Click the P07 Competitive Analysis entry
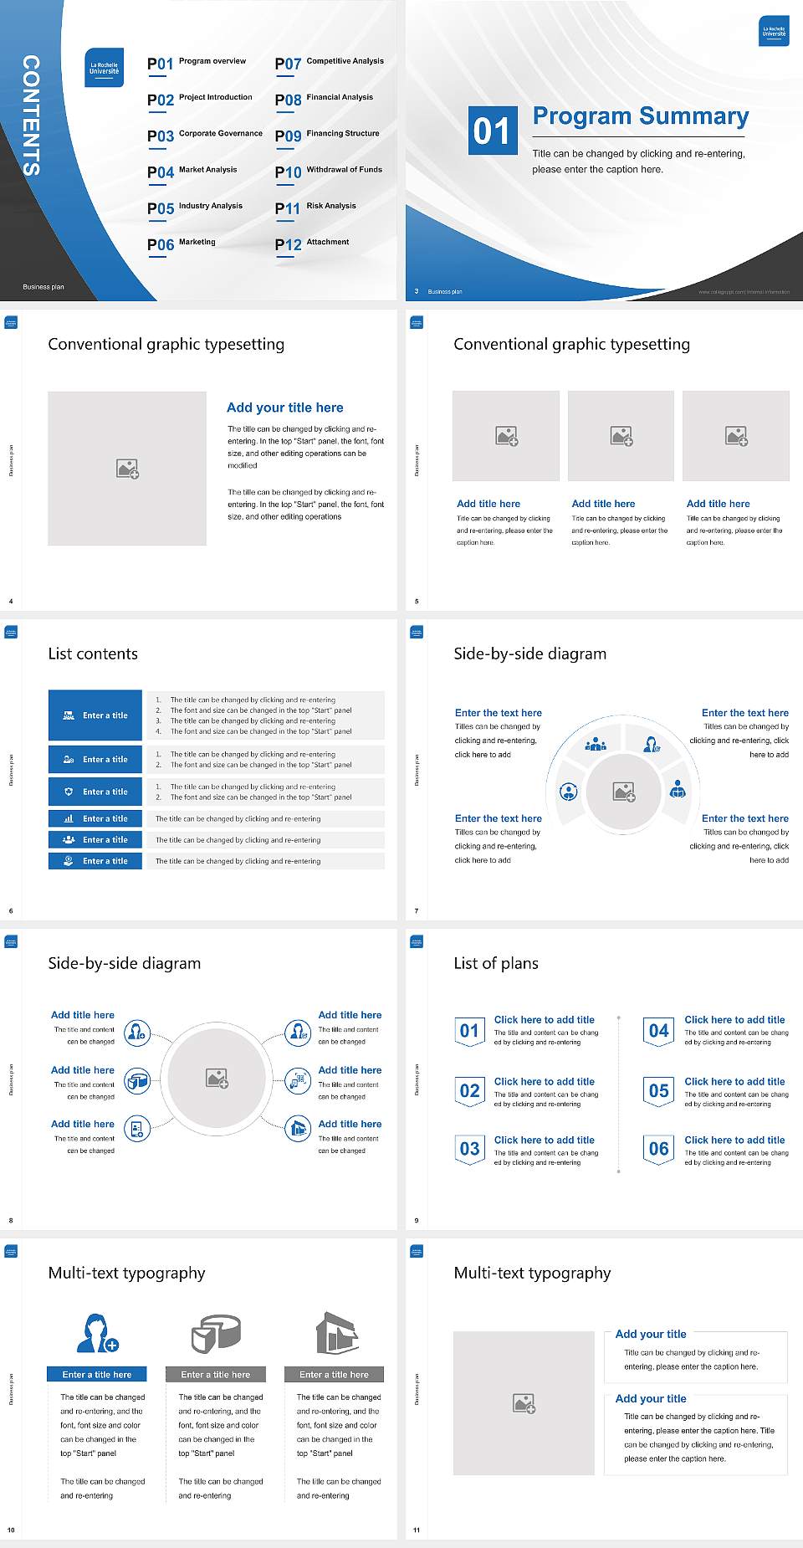tap(329, 63)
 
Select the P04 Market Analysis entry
tap(192, 172)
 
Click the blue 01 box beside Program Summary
tap(492, 131)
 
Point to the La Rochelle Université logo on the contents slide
tap(105, 68)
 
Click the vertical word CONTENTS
tap(31, 115)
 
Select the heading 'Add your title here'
tap(284, 408)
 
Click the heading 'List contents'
tap(93, 654)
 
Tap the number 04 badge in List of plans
tap(659, 1031)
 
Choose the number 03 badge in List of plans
tap(469, 1149)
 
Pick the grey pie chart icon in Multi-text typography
tap(216, 1333)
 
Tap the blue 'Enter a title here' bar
tap(97, 1375)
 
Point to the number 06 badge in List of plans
tap(659, 1149)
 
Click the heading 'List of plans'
tap(496, 963)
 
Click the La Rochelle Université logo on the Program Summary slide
tap(774, 32)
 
